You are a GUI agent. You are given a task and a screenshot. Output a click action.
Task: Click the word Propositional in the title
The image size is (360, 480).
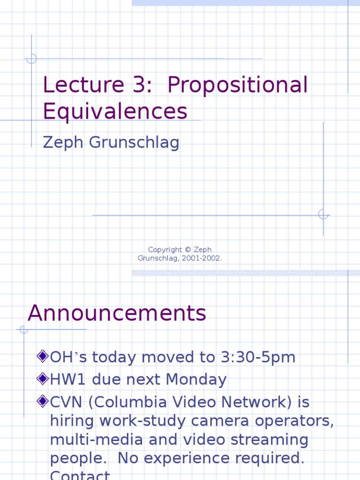(238, 85)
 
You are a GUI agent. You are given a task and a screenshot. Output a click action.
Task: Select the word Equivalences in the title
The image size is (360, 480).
(115, 112)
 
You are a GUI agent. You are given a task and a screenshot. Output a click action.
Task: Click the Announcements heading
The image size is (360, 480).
(117, 313)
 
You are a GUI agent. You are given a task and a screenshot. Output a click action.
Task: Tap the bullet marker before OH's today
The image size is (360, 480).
(43, 357)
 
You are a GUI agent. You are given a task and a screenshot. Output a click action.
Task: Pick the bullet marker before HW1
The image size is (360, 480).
(43, 378)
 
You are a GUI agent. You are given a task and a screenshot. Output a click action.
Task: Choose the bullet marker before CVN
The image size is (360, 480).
(43, 401)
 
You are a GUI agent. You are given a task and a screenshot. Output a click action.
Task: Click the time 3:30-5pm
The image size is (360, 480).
(258, 357)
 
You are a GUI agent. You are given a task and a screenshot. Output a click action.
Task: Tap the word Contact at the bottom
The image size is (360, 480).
(80, 475)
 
